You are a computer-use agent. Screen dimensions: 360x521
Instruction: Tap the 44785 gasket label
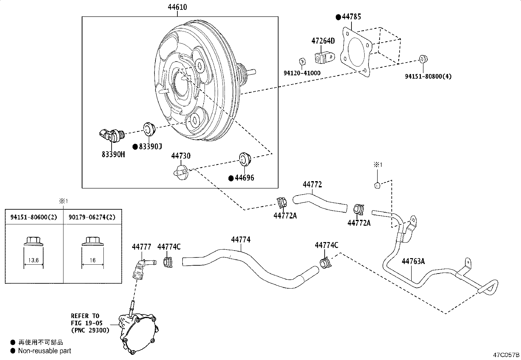coord(351,17)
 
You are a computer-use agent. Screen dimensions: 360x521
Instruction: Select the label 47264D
coord(323,41)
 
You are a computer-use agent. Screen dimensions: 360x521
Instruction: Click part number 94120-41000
coord(302,73)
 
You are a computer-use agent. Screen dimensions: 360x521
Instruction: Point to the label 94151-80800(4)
coord(428,76)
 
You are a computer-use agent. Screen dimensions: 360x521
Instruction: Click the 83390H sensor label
coord(113,154)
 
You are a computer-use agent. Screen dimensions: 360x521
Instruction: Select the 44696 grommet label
coord(244,178)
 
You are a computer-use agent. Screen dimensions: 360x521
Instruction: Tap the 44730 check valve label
coord(181,156)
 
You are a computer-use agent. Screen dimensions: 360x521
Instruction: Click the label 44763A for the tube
coord(413,261)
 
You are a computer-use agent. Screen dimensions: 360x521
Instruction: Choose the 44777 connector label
coord(141,247)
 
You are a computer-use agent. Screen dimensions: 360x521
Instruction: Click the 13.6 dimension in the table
coord(33,260)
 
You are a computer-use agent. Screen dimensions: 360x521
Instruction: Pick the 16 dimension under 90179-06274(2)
coord(92,260)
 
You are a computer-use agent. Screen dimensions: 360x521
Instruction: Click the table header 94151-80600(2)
coord(34,217)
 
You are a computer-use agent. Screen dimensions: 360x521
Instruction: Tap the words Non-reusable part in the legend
coord(45,351)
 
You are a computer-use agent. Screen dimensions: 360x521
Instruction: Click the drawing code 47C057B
coord(506,355)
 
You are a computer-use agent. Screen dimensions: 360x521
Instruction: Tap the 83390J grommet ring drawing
coord(149,128)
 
